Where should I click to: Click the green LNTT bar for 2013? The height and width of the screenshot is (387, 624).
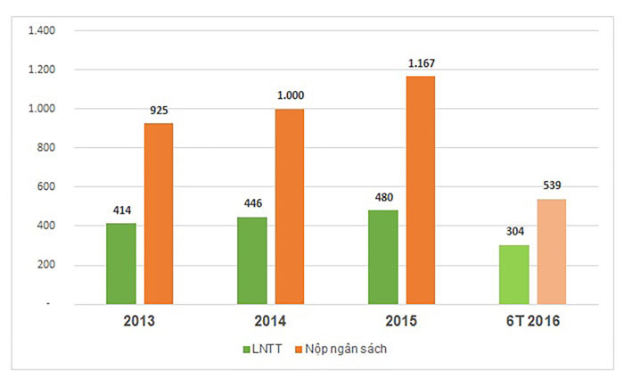tap(121, 263)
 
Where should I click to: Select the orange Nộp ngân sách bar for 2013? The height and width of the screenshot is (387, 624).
tap(159, 213)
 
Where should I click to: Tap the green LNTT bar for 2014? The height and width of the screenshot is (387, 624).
tap(251, 260)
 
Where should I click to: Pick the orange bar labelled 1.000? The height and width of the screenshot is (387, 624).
tap(289, 206)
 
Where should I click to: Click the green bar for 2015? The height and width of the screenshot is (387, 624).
tap(383, 257)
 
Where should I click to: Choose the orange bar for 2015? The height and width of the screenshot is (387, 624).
tap(421, 190)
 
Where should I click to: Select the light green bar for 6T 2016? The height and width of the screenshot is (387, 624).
tap(514, 275)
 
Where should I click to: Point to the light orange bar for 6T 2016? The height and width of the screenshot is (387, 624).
tap(551, 251)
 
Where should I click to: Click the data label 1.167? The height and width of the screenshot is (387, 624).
tap(421, 63)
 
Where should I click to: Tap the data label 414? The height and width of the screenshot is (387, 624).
tap(121, 210)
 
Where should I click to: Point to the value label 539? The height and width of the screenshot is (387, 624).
tap(552, 185)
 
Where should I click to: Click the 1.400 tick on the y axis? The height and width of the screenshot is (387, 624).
tap(42, 30)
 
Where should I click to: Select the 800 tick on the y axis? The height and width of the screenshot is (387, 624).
tap(45, 148)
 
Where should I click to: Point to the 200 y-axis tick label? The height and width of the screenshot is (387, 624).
tap(45, 265)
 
